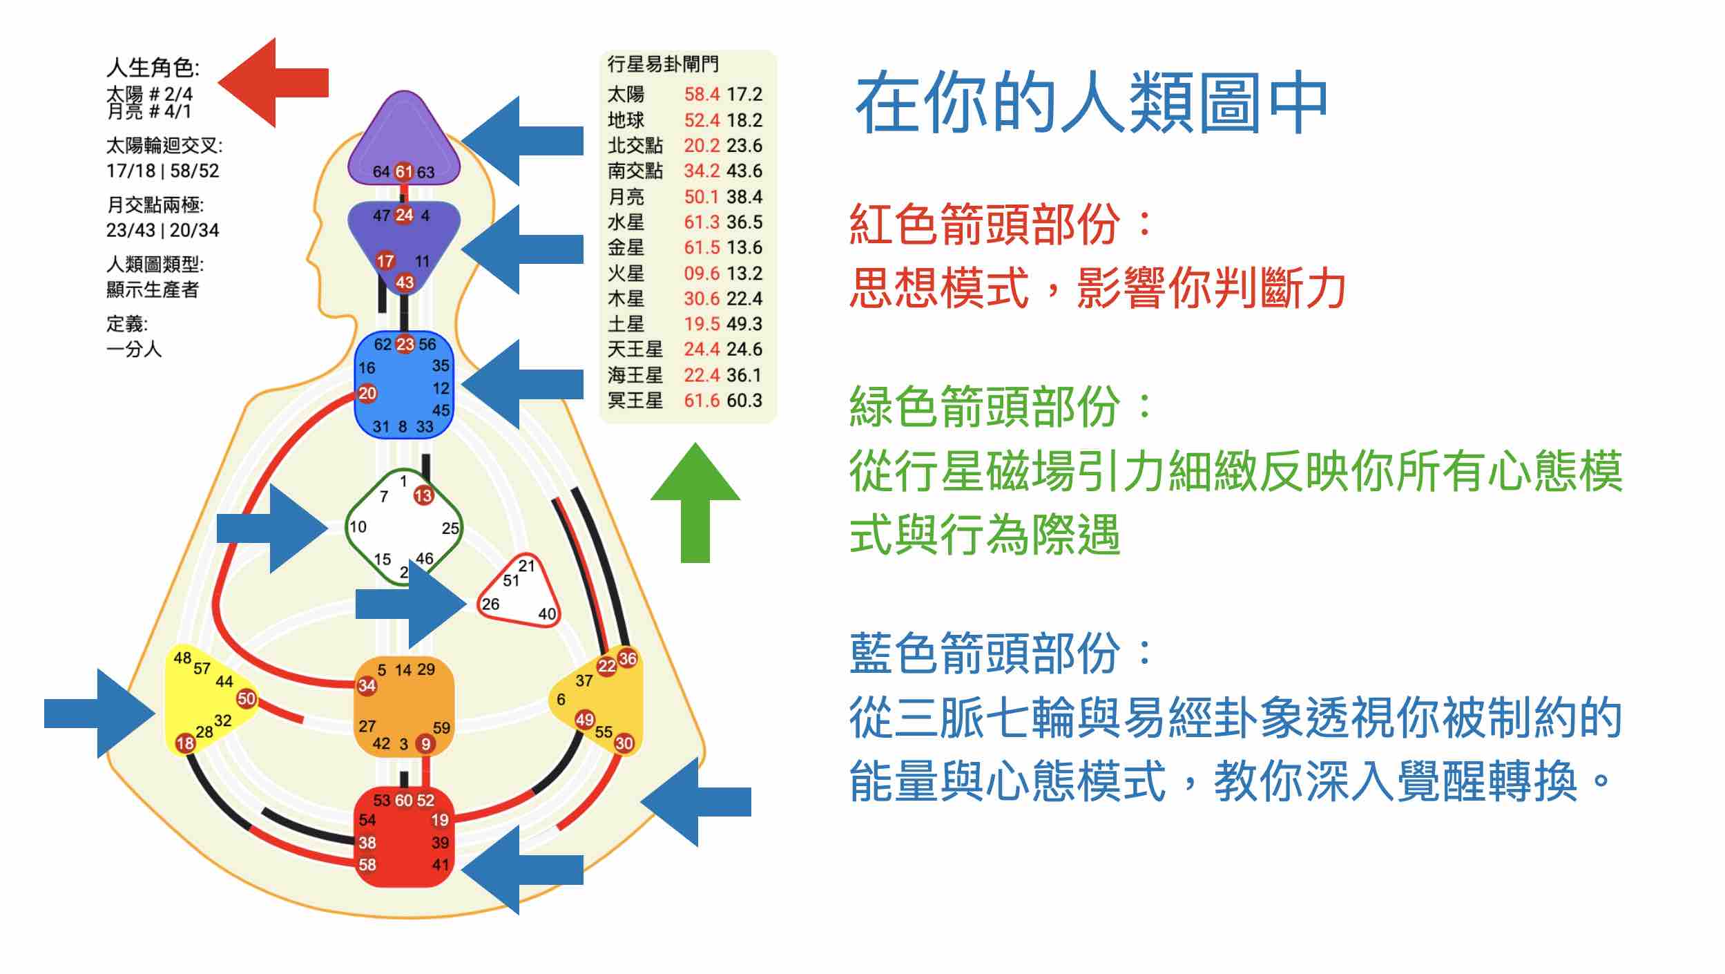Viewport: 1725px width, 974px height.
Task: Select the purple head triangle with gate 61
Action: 404,142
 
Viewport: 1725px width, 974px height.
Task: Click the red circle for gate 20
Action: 367,393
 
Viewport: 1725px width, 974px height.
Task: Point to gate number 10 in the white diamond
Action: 358,527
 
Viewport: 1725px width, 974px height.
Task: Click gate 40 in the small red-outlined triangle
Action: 547,613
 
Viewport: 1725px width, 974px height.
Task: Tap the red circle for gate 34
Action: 367,685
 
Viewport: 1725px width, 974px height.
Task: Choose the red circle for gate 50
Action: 247,698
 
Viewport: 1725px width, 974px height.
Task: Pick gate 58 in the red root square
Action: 367,864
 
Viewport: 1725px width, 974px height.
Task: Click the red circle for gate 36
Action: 627,658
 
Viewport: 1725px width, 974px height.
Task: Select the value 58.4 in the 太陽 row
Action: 702,94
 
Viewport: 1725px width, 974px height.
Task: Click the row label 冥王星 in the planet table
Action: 635,400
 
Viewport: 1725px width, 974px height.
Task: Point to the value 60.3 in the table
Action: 744,400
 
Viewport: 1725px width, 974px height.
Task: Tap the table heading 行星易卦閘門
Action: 663,64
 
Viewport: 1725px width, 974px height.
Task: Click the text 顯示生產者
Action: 153,289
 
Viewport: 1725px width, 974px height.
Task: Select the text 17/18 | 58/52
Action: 162,171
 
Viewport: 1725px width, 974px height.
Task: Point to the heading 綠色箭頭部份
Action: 984,406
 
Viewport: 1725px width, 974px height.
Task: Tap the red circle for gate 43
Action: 405,282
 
